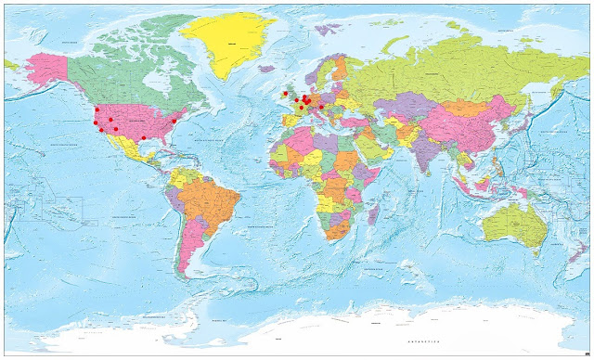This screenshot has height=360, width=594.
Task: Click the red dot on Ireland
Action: pyautogui.click(x=285, y=93)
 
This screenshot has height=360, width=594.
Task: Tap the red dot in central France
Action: pyautogui.click(x=301, y=108)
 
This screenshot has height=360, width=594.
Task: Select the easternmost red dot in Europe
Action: pyautogui.click(x=321, y=106)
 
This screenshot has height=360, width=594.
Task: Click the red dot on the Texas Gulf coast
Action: pyautogui.click(x=143, y=137)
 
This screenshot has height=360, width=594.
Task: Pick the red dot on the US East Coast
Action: pyautogui.click(x=174, y=121)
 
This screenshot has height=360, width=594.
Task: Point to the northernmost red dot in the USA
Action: pyautogui.click(x=97, y=109)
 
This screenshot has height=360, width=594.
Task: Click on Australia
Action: pyautogui.click(x=516, y=226)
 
